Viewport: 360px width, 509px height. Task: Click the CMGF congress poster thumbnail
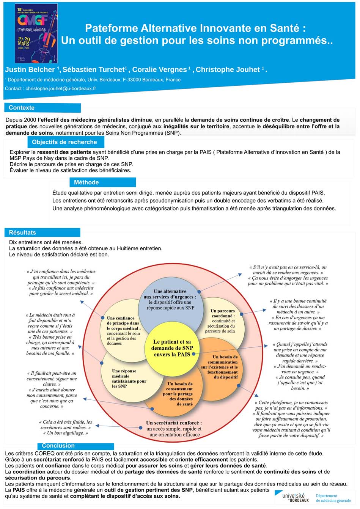coord(36,33)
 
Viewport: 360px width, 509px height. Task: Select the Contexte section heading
coord(22,108)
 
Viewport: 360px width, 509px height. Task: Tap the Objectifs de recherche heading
coord(64,142)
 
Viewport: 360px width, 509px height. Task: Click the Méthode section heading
coord(86,182)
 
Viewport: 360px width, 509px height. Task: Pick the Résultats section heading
coord(22,233)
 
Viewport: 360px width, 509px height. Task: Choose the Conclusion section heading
coord(58,446)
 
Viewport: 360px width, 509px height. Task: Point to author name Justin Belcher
coord(30,69)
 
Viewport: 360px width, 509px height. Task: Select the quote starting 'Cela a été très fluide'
coord(65,427)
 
